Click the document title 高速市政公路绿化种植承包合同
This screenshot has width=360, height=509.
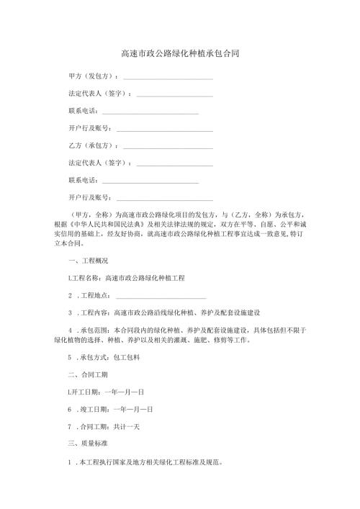coord(179,54)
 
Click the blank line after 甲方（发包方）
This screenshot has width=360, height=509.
coord(168,78)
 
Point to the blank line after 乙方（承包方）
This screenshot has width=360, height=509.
coord(168,148)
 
